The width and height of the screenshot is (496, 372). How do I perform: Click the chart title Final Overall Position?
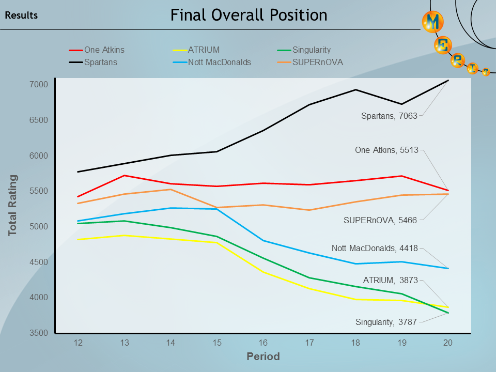249,16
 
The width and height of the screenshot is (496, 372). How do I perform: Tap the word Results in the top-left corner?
21,16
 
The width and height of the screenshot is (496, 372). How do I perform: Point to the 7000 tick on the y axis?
39,85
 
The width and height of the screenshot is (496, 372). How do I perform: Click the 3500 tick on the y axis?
39,333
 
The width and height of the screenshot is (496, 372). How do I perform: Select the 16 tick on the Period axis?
263,343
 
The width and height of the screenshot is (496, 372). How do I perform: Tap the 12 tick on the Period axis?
79,343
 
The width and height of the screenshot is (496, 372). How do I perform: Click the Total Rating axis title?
13,206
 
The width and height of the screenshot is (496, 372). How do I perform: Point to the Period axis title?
263,357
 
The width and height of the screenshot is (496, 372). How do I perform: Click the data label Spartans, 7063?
389,116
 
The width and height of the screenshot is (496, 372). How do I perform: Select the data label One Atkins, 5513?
386,150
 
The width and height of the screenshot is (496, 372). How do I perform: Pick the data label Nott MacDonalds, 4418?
375,249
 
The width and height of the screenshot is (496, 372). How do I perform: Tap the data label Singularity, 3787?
386,322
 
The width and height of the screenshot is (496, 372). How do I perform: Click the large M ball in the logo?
433,22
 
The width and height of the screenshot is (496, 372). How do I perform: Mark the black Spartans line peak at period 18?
355,90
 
